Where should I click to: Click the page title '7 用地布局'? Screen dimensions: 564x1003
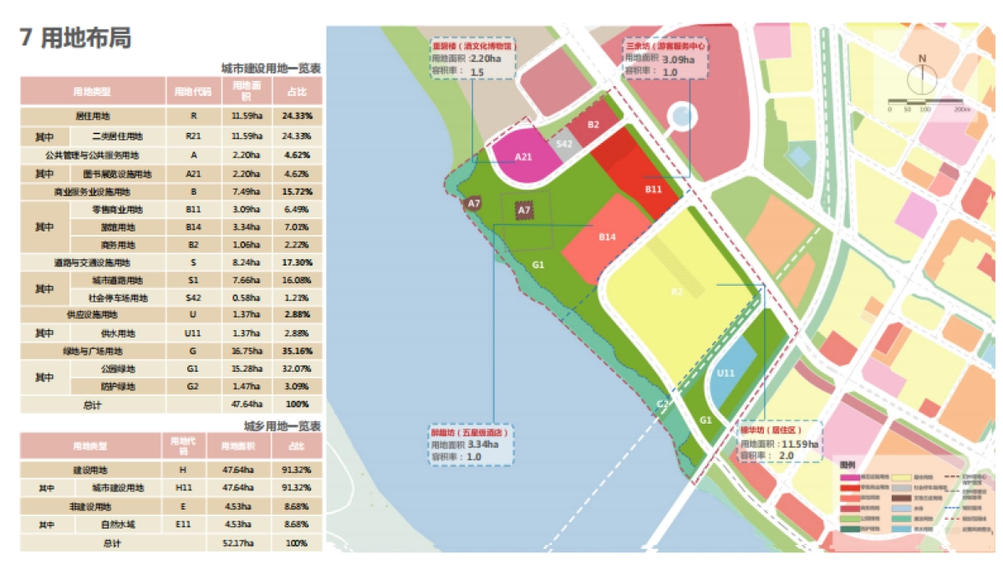(x=75, y=38)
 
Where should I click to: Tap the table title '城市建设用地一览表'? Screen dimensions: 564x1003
(x=271, y=68)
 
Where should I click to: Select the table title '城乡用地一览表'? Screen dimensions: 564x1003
(x=282, y=425)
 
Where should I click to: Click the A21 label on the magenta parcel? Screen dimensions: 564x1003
(x=523, y=156)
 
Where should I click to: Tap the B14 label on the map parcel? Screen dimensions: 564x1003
(x=607, y=237)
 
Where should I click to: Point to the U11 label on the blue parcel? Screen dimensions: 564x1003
(x=726, y=373)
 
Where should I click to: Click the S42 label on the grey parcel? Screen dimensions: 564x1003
(x=564, y=145)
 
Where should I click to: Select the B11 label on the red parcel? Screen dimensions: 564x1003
(x=653, y=190)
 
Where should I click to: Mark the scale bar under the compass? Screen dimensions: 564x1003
(x=928, y=104)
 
